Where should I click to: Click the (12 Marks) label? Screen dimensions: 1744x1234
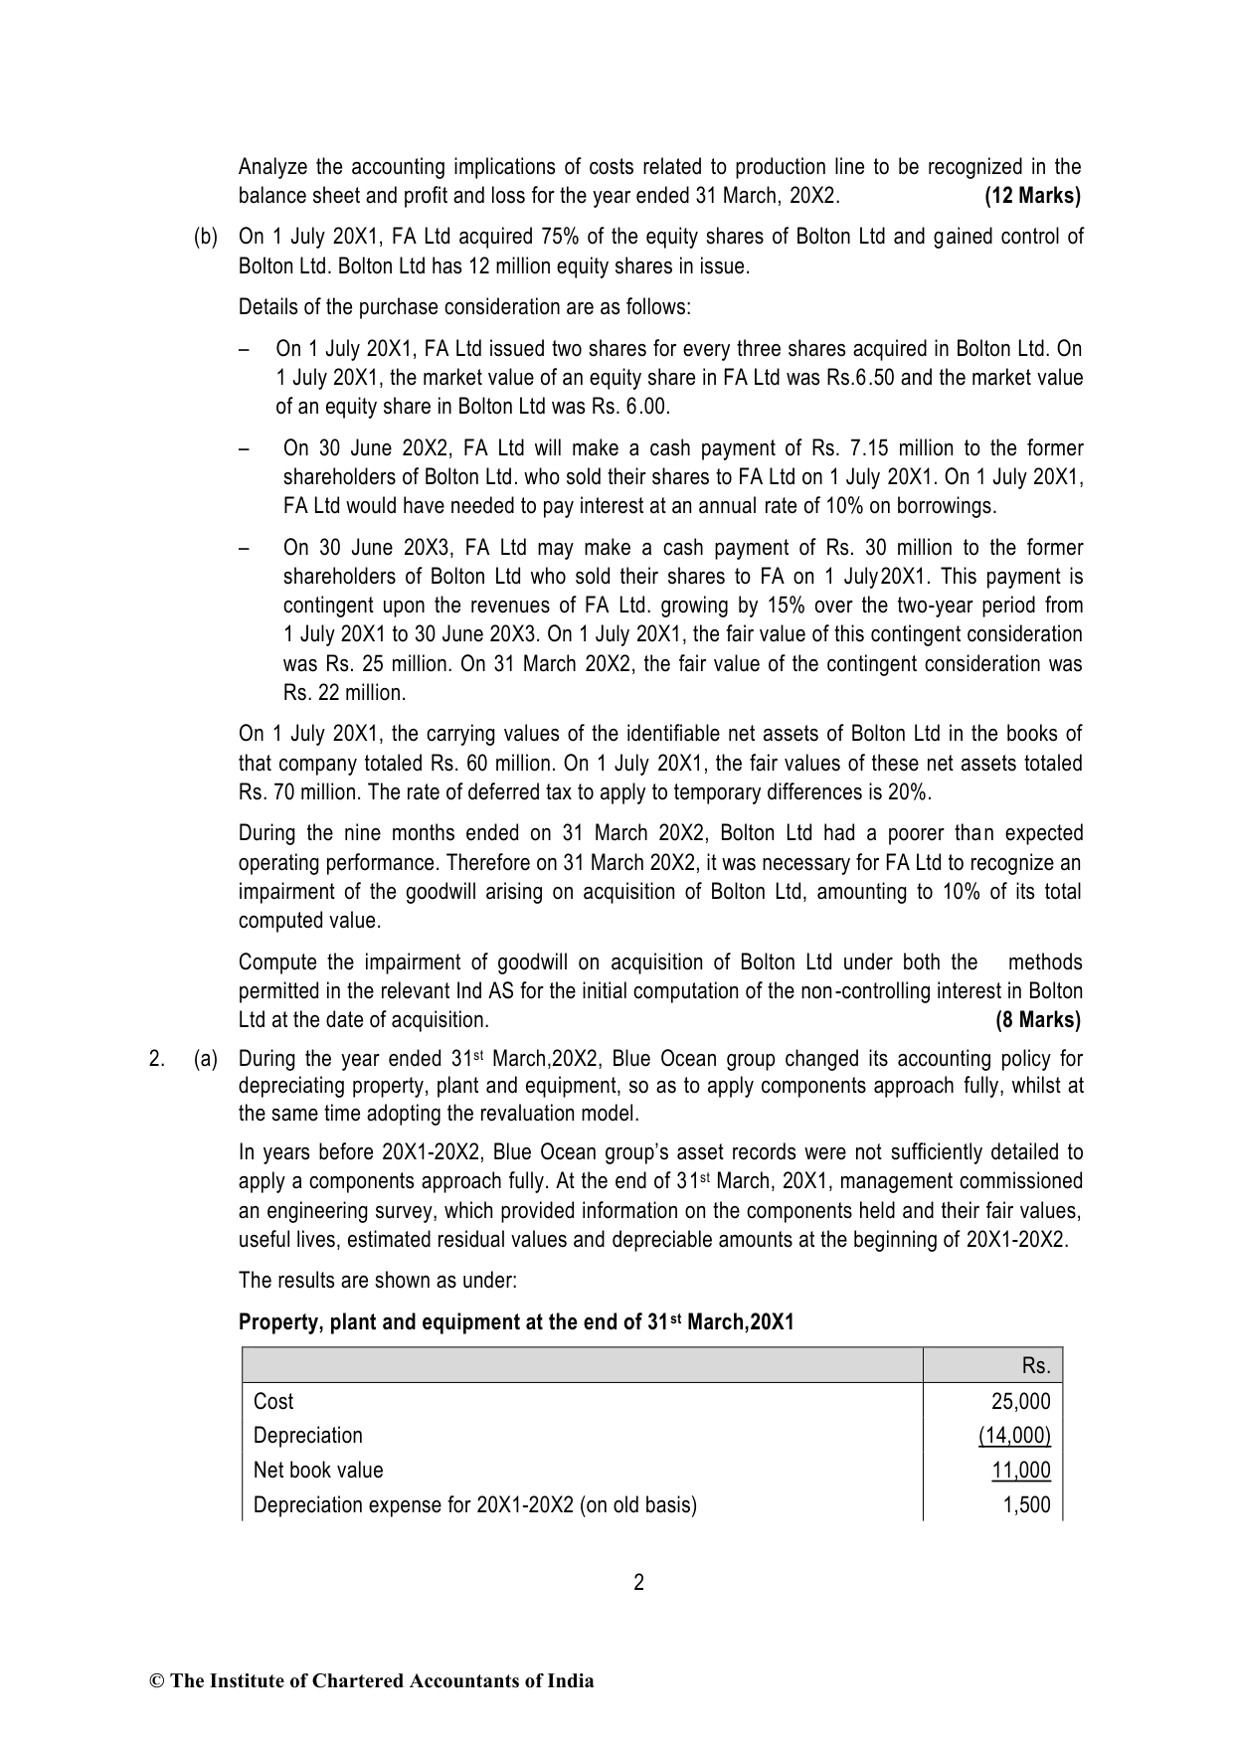1032,196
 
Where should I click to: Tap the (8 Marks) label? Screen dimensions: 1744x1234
1037,1019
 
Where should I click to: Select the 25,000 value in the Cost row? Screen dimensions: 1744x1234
1020,1401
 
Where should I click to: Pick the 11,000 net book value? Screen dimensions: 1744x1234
1020,1470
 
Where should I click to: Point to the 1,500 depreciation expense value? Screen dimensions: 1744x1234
1026,1504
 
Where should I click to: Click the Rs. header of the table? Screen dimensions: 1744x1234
1035,1366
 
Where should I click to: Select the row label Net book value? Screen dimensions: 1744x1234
318,1470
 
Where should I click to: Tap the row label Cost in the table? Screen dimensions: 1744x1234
273,1401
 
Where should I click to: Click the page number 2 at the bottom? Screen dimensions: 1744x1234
638,1582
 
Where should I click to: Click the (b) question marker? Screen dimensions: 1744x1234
205,237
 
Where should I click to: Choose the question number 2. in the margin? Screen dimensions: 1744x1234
156,1060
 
